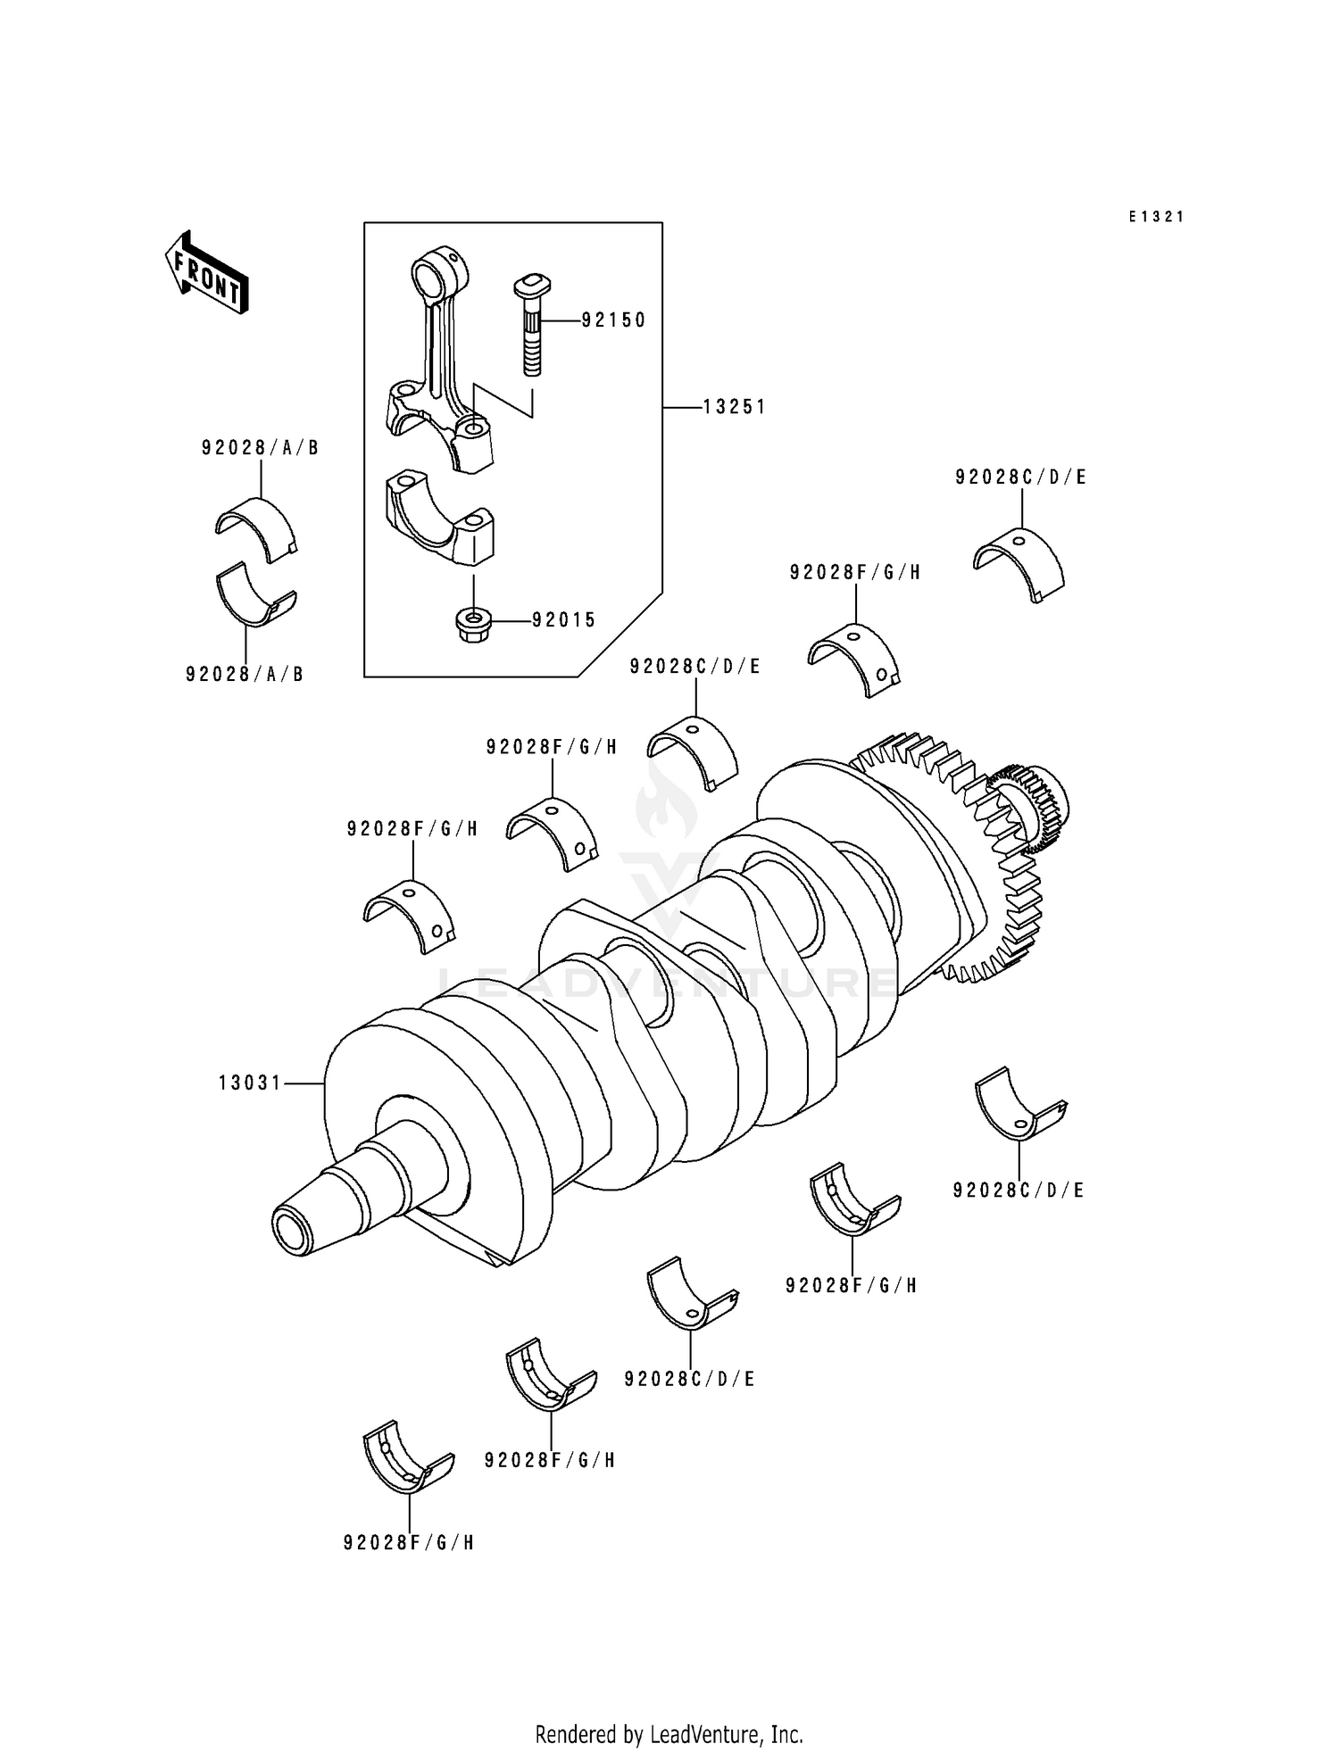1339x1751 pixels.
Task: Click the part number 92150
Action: [x=613, y=319]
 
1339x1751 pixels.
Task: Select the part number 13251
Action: [x=734, y=407]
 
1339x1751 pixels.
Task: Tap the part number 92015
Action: [x=564, y=619]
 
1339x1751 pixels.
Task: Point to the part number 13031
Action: [x=250, y=1083]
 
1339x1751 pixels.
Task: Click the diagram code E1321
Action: [x=1156, y=216]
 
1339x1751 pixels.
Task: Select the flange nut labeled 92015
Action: [x=473, y=625]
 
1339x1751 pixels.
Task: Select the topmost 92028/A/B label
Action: [x=260, y=448]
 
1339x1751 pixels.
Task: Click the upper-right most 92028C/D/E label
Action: [x=1020, y=477]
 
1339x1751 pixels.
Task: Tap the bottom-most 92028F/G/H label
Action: [x=409, y=1542]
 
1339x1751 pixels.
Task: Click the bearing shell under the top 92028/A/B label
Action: [x=256, y=529]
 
